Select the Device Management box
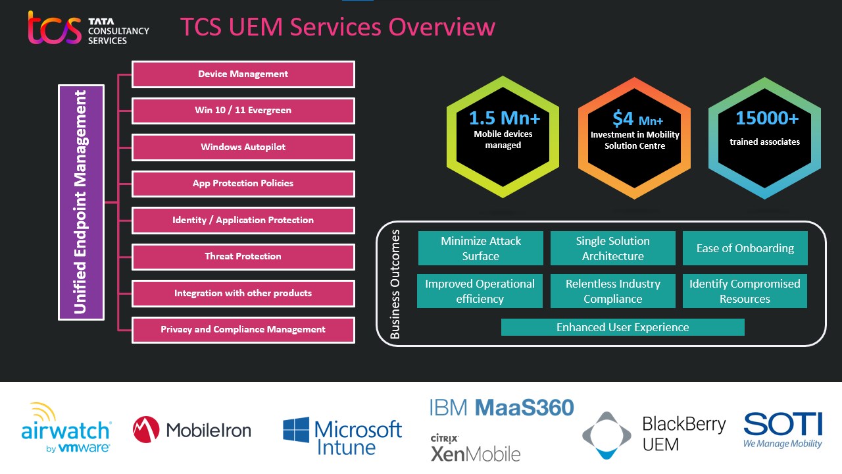243,74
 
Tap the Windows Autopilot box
243,147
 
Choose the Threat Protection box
243,257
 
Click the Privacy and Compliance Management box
243,330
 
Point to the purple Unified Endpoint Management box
81,202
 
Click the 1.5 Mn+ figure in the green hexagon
503,118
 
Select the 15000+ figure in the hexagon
766,118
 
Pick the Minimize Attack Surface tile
481,248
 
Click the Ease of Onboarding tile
745,248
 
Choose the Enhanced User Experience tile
622,327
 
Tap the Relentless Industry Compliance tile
612,291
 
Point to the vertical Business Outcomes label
395,284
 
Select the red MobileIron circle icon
146,430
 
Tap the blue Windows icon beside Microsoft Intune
296,430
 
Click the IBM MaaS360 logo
501,408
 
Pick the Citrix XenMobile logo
475,448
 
